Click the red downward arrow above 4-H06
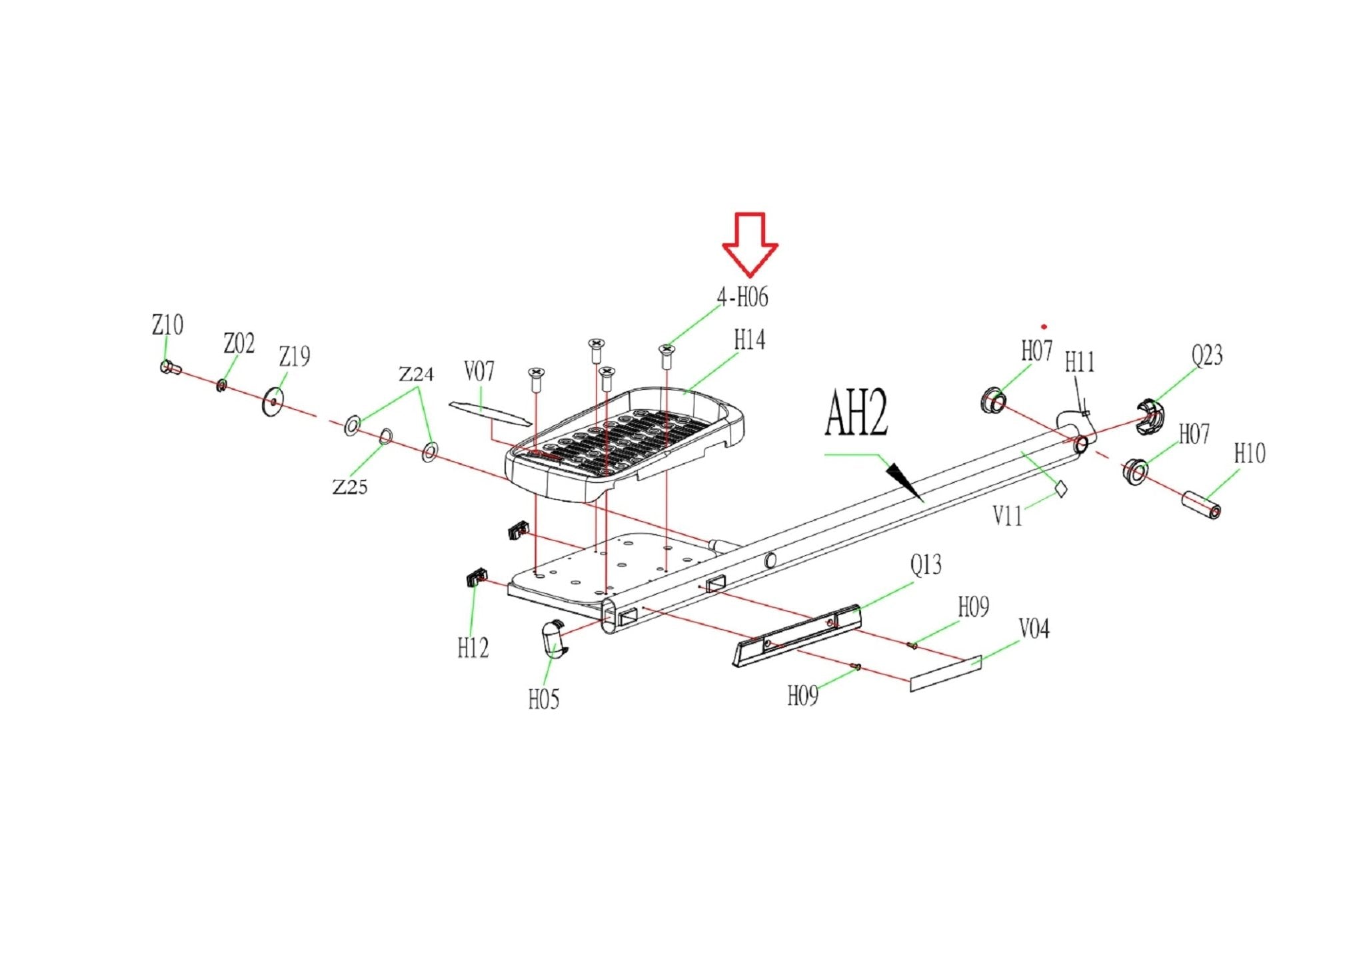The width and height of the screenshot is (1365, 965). pos(750,244)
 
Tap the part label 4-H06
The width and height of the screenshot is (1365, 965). pos(742,297)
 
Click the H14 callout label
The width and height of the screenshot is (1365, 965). pos(749,340)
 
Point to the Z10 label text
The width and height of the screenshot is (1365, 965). pos(167,325)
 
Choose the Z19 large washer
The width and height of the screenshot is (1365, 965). pos(273,402)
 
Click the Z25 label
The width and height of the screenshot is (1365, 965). pos(350,487)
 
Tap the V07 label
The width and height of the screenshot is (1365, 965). pos(479,372)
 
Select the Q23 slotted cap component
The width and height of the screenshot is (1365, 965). pos(1149,416)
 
